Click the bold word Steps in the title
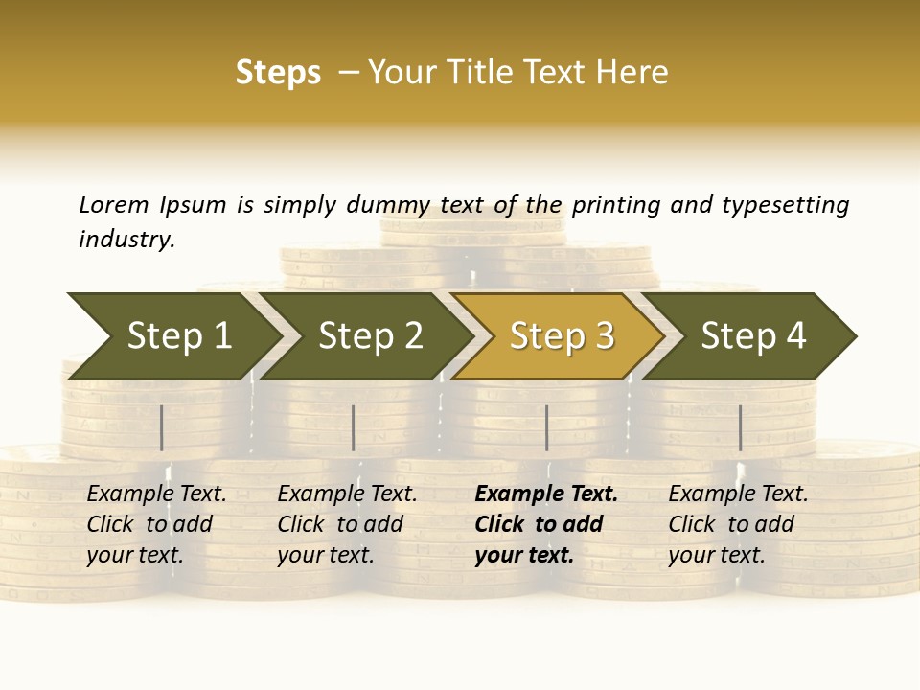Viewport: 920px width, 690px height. (278, 73)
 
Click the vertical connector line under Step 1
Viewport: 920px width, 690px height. (162, 427)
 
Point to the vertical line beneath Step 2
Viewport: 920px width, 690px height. (354, 427)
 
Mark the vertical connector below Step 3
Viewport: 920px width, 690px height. (547, 427)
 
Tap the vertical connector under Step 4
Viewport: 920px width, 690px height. (740, 427)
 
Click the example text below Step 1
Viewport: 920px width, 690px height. (156, 524)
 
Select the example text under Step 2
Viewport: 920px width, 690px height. (347, 524)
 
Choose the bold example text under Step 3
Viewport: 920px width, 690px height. (545, 524)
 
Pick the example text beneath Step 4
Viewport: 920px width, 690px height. (738, 524)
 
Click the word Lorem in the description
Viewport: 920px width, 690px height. (114, 204)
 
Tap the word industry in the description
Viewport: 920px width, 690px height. (126, 239)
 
